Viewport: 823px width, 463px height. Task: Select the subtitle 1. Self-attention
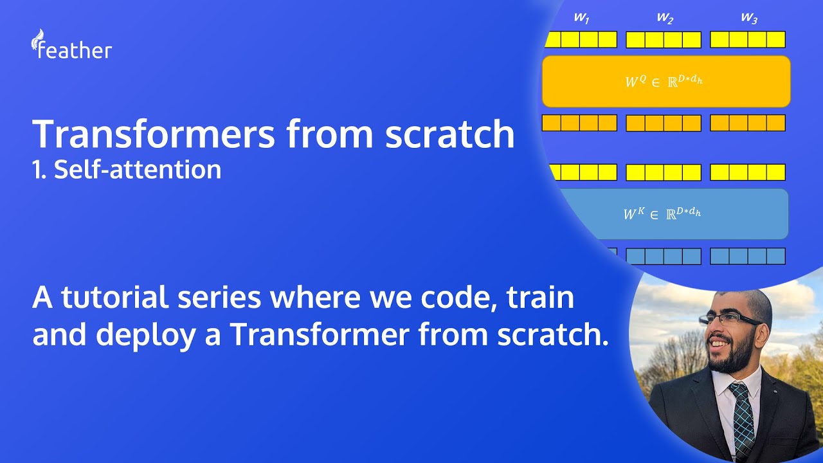coord(127,169)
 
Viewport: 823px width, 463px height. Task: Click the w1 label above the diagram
coord(581,19)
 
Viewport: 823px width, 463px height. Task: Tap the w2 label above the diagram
coord(665,19)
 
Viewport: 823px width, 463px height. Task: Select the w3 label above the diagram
coord(748,19)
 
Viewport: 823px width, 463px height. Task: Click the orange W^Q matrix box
coord(666,81)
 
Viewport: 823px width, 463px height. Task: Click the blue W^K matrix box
coord(669,213)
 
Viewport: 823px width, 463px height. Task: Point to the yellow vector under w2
coord(664,40)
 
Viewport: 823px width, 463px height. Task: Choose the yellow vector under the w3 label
coord(747,39)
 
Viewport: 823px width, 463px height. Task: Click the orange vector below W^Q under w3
coord(747,123)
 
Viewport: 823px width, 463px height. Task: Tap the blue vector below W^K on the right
coord(747,256)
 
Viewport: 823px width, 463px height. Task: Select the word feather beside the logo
coord(75,50)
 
